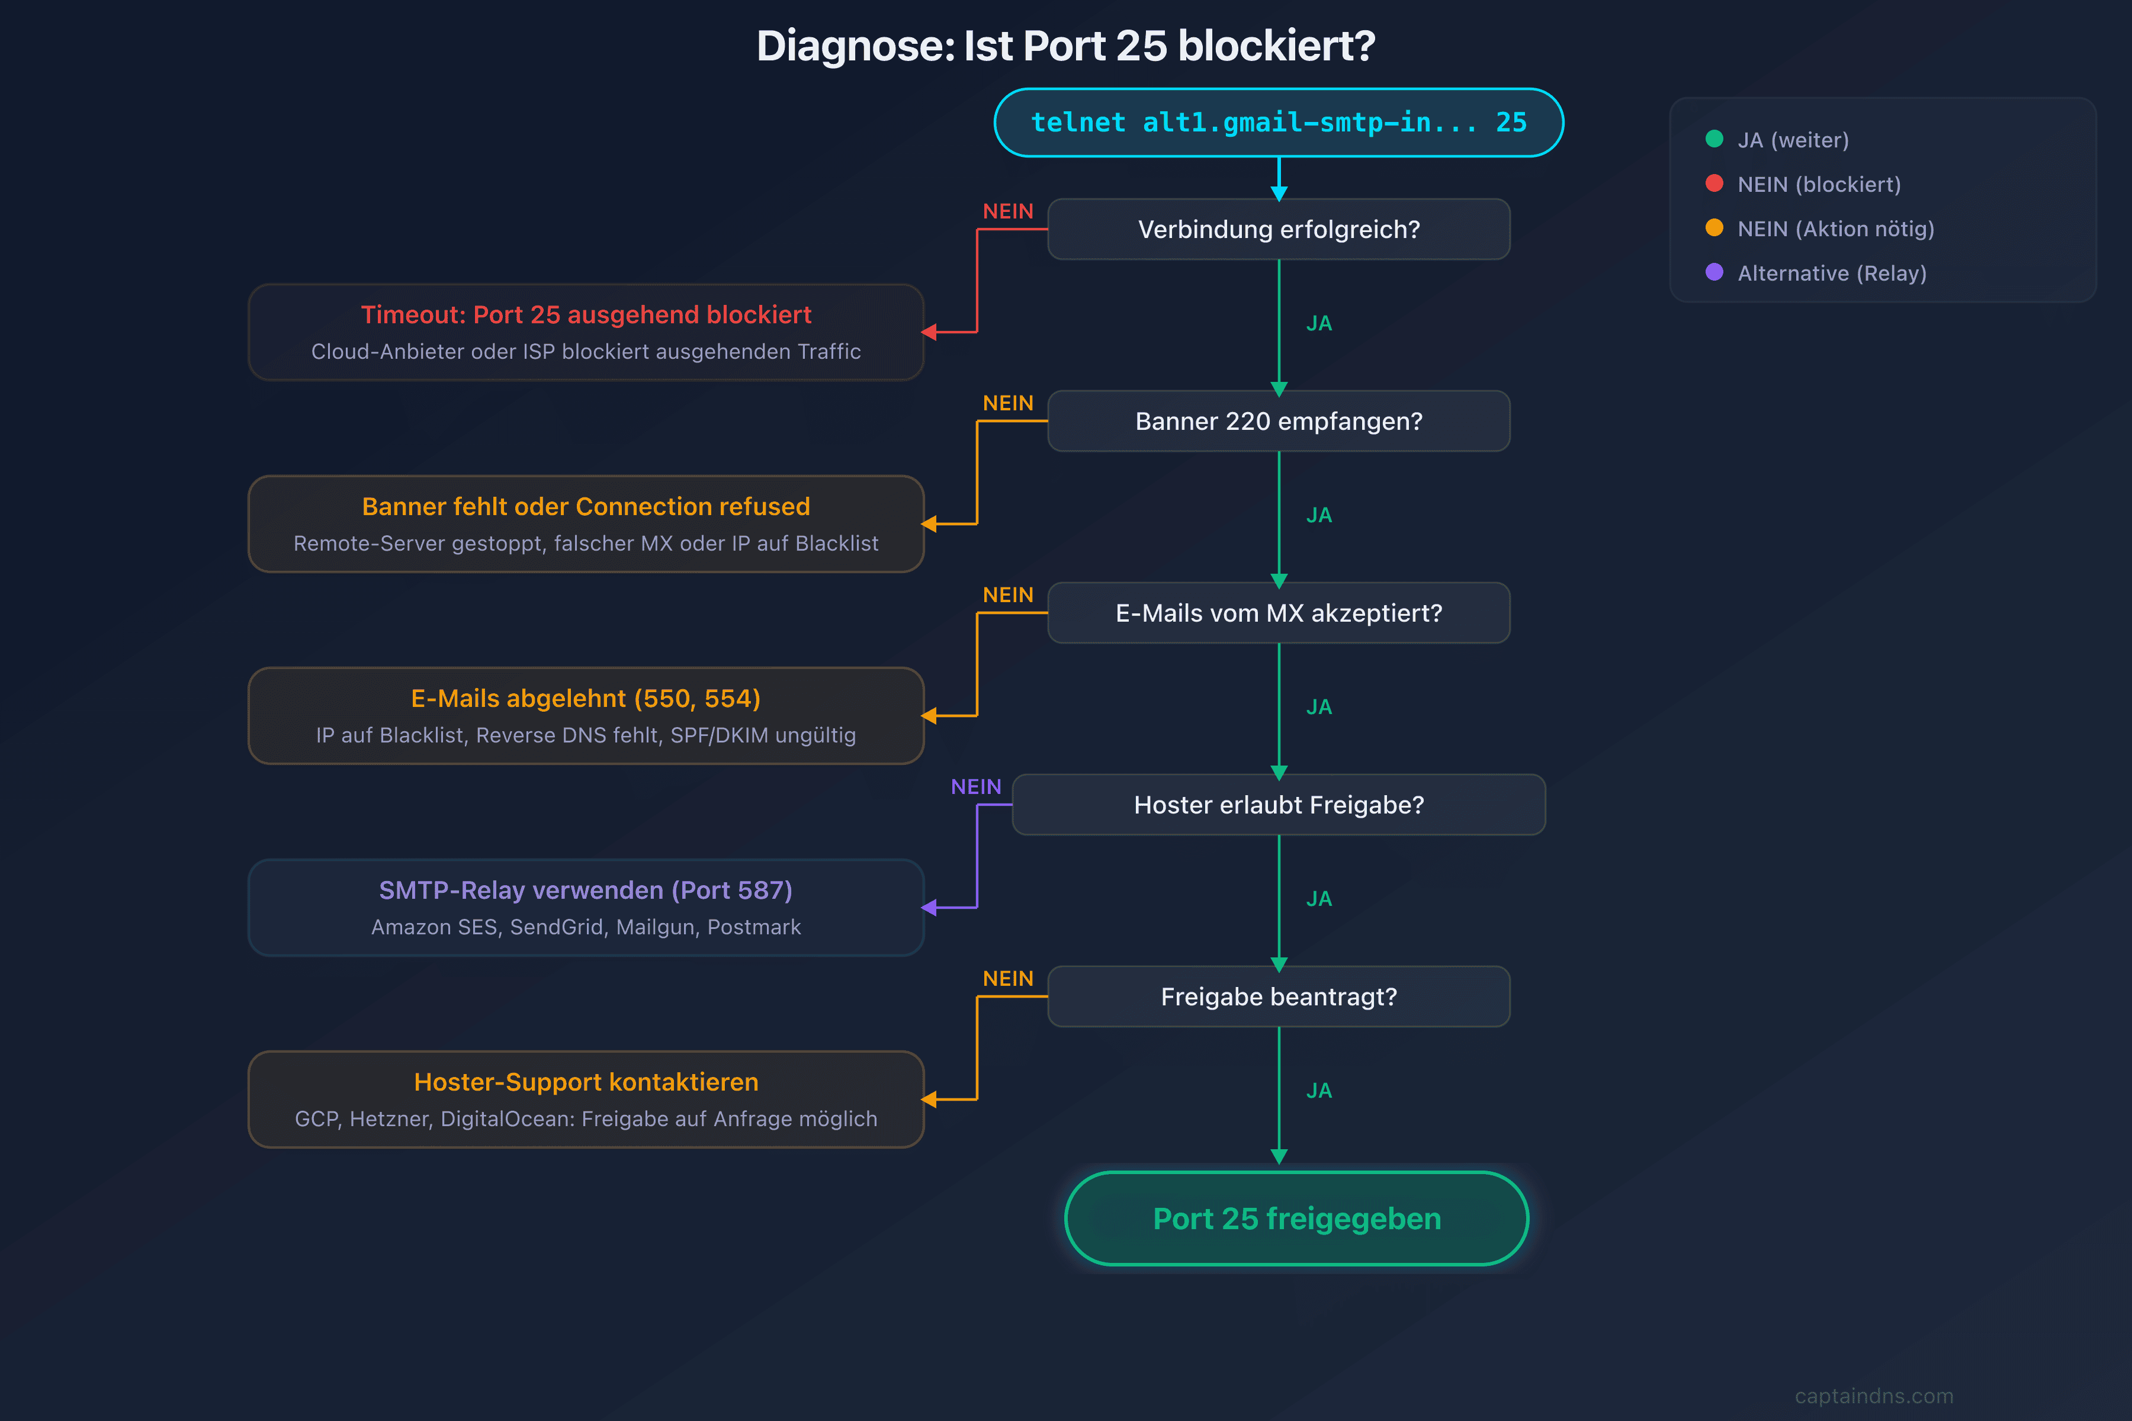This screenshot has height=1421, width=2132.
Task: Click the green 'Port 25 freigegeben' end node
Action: click(1296, 1219)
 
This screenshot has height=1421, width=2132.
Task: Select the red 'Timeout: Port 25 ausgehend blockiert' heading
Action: click(586, 314)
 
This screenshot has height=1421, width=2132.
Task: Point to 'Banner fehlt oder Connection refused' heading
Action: click(586, 507)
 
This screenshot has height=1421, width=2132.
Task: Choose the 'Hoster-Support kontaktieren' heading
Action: click(586, 1082)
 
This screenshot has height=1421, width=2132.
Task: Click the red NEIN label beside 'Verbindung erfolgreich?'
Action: click(1008, 211)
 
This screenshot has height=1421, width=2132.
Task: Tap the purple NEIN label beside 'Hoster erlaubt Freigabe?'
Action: click(976, 787)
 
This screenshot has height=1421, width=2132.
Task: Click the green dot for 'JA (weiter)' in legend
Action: click(1714, 139)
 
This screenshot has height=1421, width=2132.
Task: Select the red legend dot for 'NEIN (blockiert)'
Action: click(1714, 183)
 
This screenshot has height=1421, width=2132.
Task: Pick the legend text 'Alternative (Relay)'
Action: click(1832, 273)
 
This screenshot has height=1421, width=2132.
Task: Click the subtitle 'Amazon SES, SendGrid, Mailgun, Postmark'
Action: click(586, 927)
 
